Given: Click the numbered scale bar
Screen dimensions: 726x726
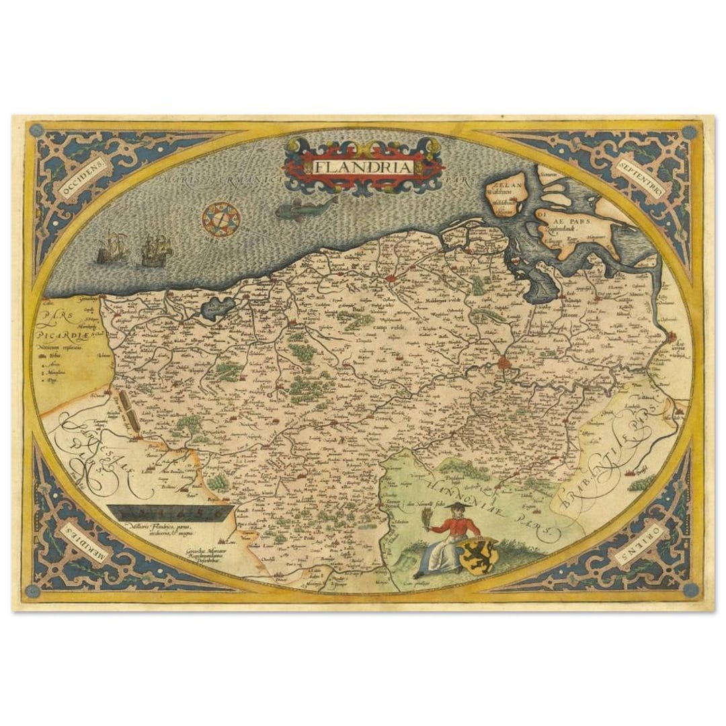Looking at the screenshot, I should (171, 512).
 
